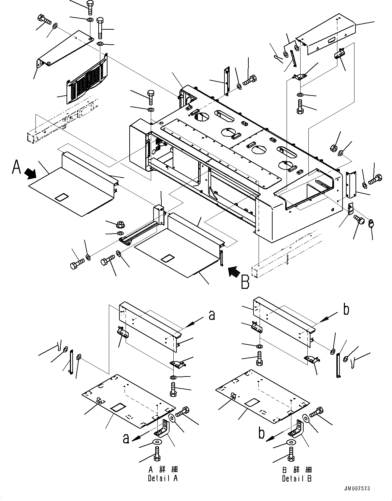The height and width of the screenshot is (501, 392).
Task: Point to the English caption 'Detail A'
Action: click(163, 478)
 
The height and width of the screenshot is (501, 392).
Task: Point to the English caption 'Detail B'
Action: click(296, 478)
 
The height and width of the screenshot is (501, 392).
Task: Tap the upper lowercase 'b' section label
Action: click(346, 310)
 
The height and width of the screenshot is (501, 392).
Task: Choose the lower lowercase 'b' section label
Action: click(262, 433)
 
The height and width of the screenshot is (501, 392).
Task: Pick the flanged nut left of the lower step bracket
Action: click(119, 224)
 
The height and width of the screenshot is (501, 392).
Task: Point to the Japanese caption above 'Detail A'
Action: click(163, 470)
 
